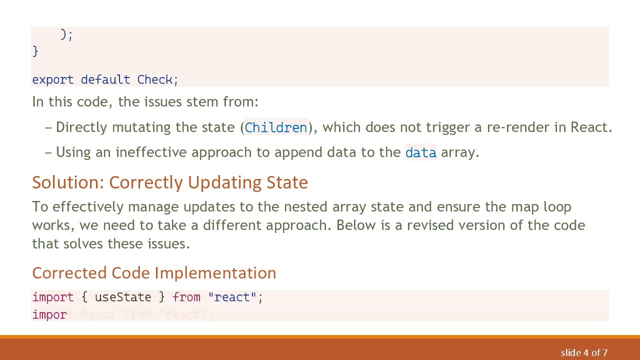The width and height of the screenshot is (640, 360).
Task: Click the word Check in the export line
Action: [155, 79]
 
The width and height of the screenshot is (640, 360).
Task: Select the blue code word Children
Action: [275, 127]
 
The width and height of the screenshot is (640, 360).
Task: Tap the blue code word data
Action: [420, 152]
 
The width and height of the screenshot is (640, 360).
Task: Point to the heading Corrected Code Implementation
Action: [154, 273]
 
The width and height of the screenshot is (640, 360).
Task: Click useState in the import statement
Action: [122, 297]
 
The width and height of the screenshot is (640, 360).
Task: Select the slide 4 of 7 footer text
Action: [584, 353]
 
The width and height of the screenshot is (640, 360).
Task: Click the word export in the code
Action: [52, 79]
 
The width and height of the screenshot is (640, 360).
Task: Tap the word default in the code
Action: [105, 79]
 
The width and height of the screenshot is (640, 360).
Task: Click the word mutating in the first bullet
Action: [141, 127]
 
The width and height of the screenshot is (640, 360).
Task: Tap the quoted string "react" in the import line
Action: [232, 297]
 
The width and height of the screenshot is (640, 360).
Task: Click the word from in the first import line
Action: [186, 297]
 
